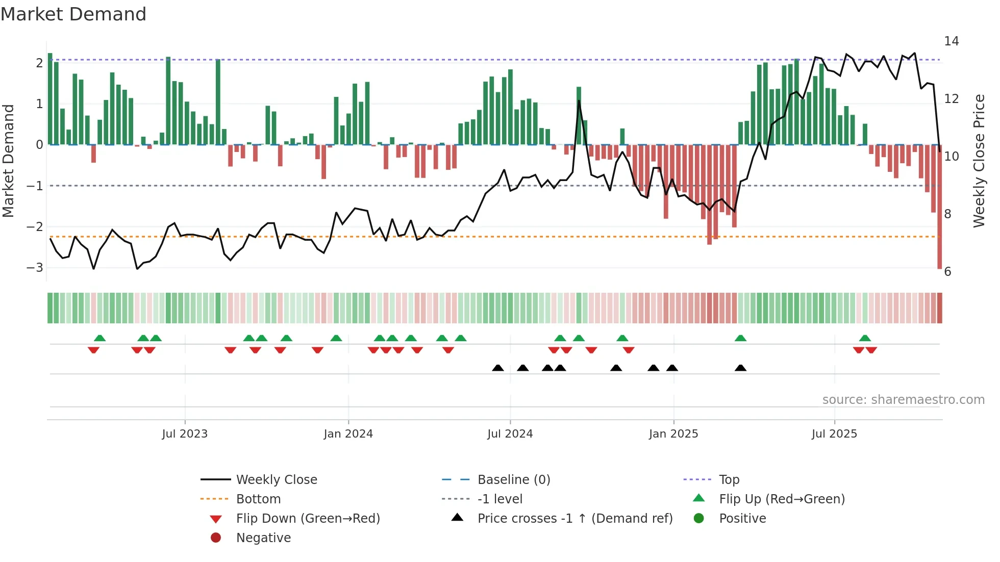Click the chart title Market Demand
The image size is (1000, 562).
[x=73, y=14]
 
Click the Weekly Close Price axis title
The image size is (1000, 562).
[x=979, y=161]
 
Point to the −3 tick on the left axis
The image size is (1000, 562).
[x=35, y=268]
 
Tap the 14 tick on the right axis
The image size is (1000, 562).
[x=951, y=41]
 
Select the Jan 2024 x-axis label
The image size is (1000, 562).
[x=348, y=434]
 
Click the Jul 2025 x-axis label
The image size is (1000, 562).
[x=834, y=434]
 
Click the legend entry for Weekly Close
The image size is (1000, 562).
[x=276, y=480]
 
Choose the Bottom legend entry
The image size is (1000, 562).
[x=258, y=499]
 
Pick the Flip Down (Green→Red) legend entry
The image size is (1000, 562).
[x=308, y=519]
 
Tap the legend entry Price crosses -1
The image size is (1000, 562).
[x=574, y=519]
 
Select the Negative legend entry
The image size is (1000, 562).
[x=263, y=538]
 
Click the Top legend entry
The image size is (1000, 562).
[x=729, y=480]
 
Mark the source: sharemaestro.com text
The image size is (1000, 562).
[x=903, y=400]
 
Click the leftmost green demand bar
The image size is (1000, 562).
[x=50, y=99]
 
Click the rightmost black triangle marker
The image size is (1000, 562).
[x=740, y=368]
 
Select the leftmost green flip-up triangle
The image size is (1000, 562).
[x=99, y=338]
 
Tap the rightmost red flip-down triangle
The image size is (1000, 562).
[x=871, y=350]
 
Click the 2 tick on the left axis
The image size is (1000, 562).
[x=39, y=63]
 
